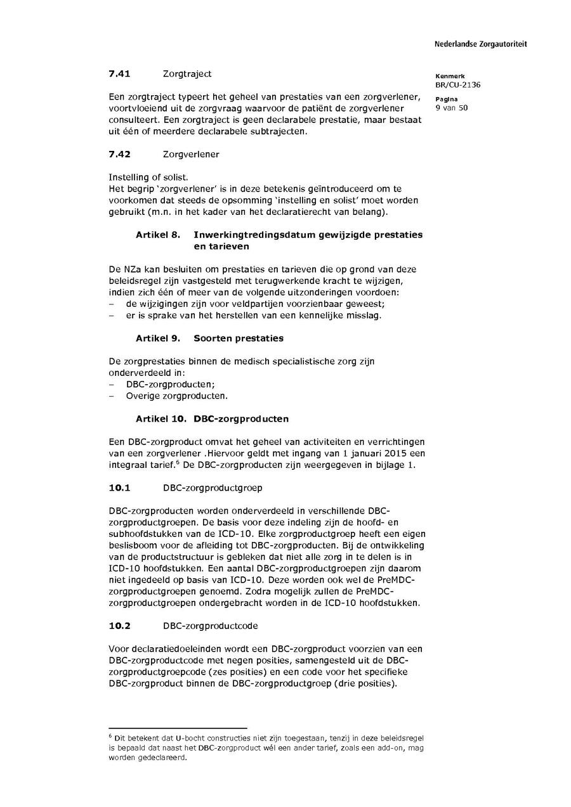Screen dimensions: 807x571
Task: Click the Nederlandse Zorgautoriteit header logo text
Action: click(x=480, y=44)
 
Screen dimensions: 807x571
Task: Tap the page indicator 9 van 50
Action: click(x=451, y=108)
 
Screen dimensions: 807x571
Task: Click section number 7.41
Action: click(x=119, y=74)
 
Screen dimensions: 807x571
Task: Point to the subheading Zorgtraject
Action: click(x=187, y=74)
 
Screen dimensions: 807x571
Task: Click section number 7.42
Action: click(x=119, y=154)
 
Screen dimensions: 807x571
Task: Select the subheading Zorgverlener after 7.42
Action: click(x=191, y=154)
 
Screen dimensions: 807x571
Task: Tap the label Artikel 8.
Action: click(x=158, y=235)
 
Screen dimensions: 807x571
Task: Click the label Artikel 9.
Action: click(x=158, y=338)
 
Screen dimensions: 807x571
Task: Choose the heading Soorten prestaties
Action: click(x=239, y=338)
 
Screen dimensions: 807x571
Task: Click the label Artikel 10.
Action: click(x=161, y=418)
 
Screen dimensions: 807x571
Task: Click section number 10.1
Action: click(x=119, y=487)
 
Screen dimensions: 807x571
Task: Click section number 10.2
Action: click(x=119, y=626)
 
